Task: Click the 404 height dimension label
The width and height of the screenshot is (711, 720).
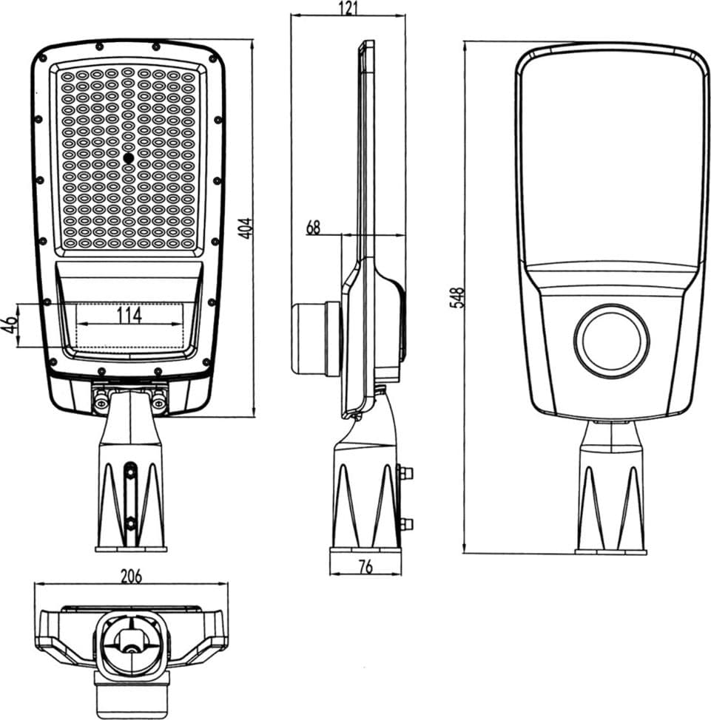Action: coord(247,228)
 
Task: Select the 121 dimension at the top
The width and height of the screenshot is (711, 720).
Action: coord(348,8)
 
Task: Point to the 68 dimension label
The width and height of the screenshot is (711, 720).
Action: coord(313,227)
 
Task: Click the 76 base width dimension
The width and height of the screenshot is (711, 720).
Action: coord(365,568)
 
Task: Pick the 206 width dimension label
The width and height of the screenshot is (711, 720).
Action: coord(131,577)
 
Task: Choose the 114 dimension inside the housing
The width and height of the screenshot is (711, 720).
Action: coord(129,315)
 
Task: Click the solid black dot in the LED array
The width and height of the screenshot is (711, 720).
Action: coord(129,158)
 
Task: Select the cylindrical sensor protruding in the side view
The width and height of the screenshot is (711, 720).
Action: coord(316,338)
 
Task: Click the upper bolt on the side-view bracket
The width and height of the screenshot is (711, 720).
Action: coord(405,472)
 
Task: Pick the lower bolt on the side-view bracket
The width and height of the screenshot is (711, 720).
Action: coord(405,523)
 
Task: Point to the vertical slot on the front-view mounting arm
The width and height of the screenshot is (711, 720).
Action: coord(131,497)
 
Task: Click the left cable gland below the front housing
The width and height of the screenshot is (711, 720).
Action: coord(101,401)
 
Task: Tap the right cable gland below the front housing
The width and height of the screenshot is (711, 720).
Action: coord(158,401)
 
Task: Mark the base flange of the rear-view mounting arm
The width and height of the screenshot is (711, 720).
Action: coord(611,551)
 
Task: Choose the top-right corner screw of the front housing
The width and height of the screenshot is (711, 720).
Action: coord(212,59)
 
